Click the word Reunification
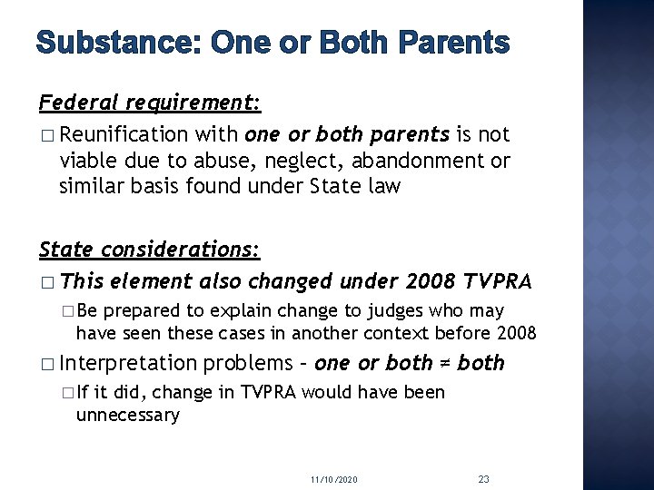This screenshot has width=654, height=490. click(124, 135)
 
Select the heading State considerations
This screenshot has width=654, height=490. click(151, 249)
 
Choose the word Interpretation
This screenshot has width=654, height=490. click(128, 364)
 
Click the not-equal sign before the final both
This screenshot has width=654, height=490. click(445, 364)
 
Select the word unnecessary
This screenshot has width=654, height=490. click(128, 416)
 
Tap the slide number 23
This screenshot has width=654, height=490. click(483, 477)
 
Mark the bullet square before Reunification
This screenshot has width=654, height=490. click(47, 136)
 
